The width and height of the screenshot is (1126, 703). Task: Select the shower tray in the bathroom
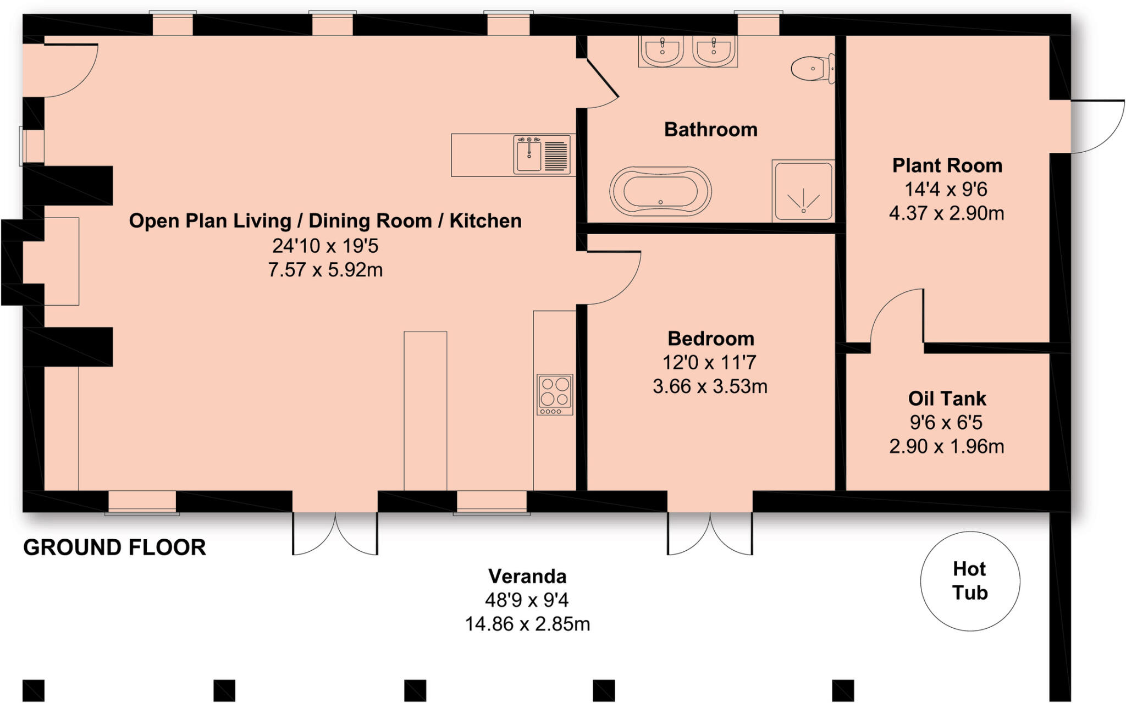point(803,191)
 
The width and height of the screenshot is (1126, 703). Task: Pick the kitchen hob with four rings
point(555,394)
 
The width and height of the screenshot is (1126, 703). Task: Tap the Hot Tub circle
point(970,581)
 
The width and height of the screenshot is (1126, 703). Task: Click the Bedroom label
point(710,339)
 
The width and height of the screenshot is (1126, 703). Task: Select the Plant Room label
point(947,165)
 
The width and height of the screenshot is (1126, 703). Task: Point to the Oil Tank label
point(947,398)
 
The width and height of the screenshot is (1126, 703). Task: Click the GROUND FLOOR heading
point(114,547)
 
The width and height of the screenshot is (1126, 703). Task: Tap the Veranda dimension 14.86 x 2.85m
point(527,624)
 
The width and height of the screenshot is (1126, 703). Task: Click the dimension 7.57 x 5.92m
point(325,270)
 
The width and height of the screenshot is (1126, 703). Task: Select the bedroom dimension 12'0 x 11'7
point(709,363)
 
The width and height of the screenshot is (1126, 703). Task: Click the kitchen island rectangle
point(425,409)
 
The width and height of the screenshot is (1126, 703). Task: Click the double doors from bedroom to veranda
point(710,533)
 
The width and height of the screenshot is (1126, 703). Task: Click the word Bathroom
point(710,130)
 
